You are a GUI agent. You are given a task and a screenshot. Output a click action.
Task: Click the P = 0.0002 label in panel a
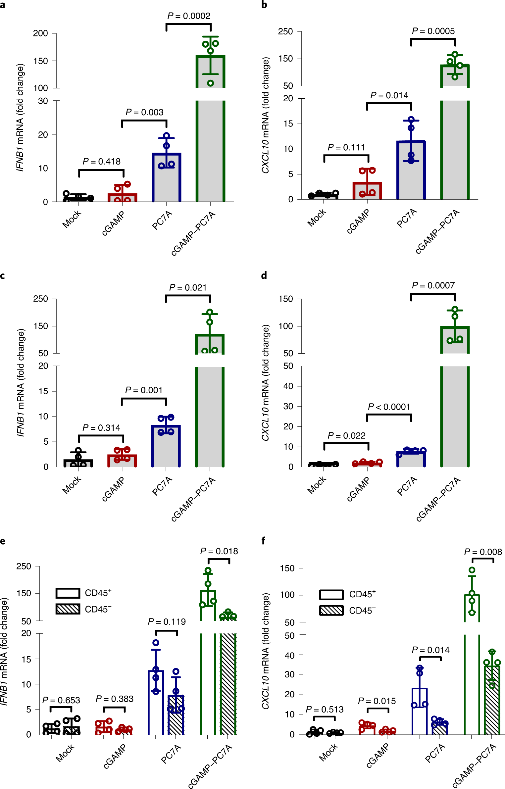[189, 16]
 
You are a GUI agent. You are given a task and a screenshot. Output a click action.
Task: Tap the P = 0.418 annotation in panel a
[101, 162]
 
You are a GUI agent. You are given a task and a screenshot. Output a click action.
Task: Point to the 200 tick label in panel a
[40, 33]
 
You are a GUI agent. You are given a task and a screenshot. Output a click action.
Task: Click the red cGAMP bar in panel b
[367, 191]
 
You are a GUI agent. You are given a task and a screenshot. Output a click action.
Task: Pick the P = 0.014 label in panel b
[389, 96]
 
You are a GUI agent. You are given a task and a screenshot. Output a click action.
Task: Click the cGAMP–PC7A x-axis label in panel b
[438, 232]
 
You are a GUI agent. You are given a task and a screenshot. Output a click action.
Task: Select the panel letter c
[3, 276]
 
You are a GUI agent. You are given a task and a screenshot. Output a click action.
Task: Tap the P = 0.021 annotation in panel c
[188, 288]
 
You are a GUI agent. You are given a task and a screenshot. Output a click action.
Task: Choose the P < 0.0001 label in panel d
[389, 407]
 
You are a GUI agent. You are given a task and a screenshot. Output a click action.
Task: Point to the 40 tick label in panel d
[288, 386]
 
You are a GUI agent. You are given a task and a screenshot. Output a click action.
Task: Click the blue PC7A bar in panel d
[411, 459]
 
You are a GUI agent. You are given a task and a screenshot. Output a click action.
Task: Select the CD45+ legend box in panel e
[68, 593]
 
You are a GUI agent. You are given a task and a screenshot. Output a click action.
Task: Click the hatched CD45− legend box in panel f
[331, 611]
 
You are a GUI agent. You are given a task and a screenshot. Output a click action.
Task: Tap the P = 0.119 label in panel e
[167, 622]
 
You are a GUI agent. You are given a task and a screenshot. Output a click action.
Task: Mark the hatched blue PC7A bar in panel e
[176, 715]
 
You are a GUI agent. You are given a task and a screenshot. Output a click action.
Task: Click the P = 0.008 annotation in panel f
[483, 552]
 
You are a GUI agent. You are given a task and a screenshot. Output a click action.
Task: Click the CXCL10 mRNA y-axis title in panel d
[266, 383]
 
